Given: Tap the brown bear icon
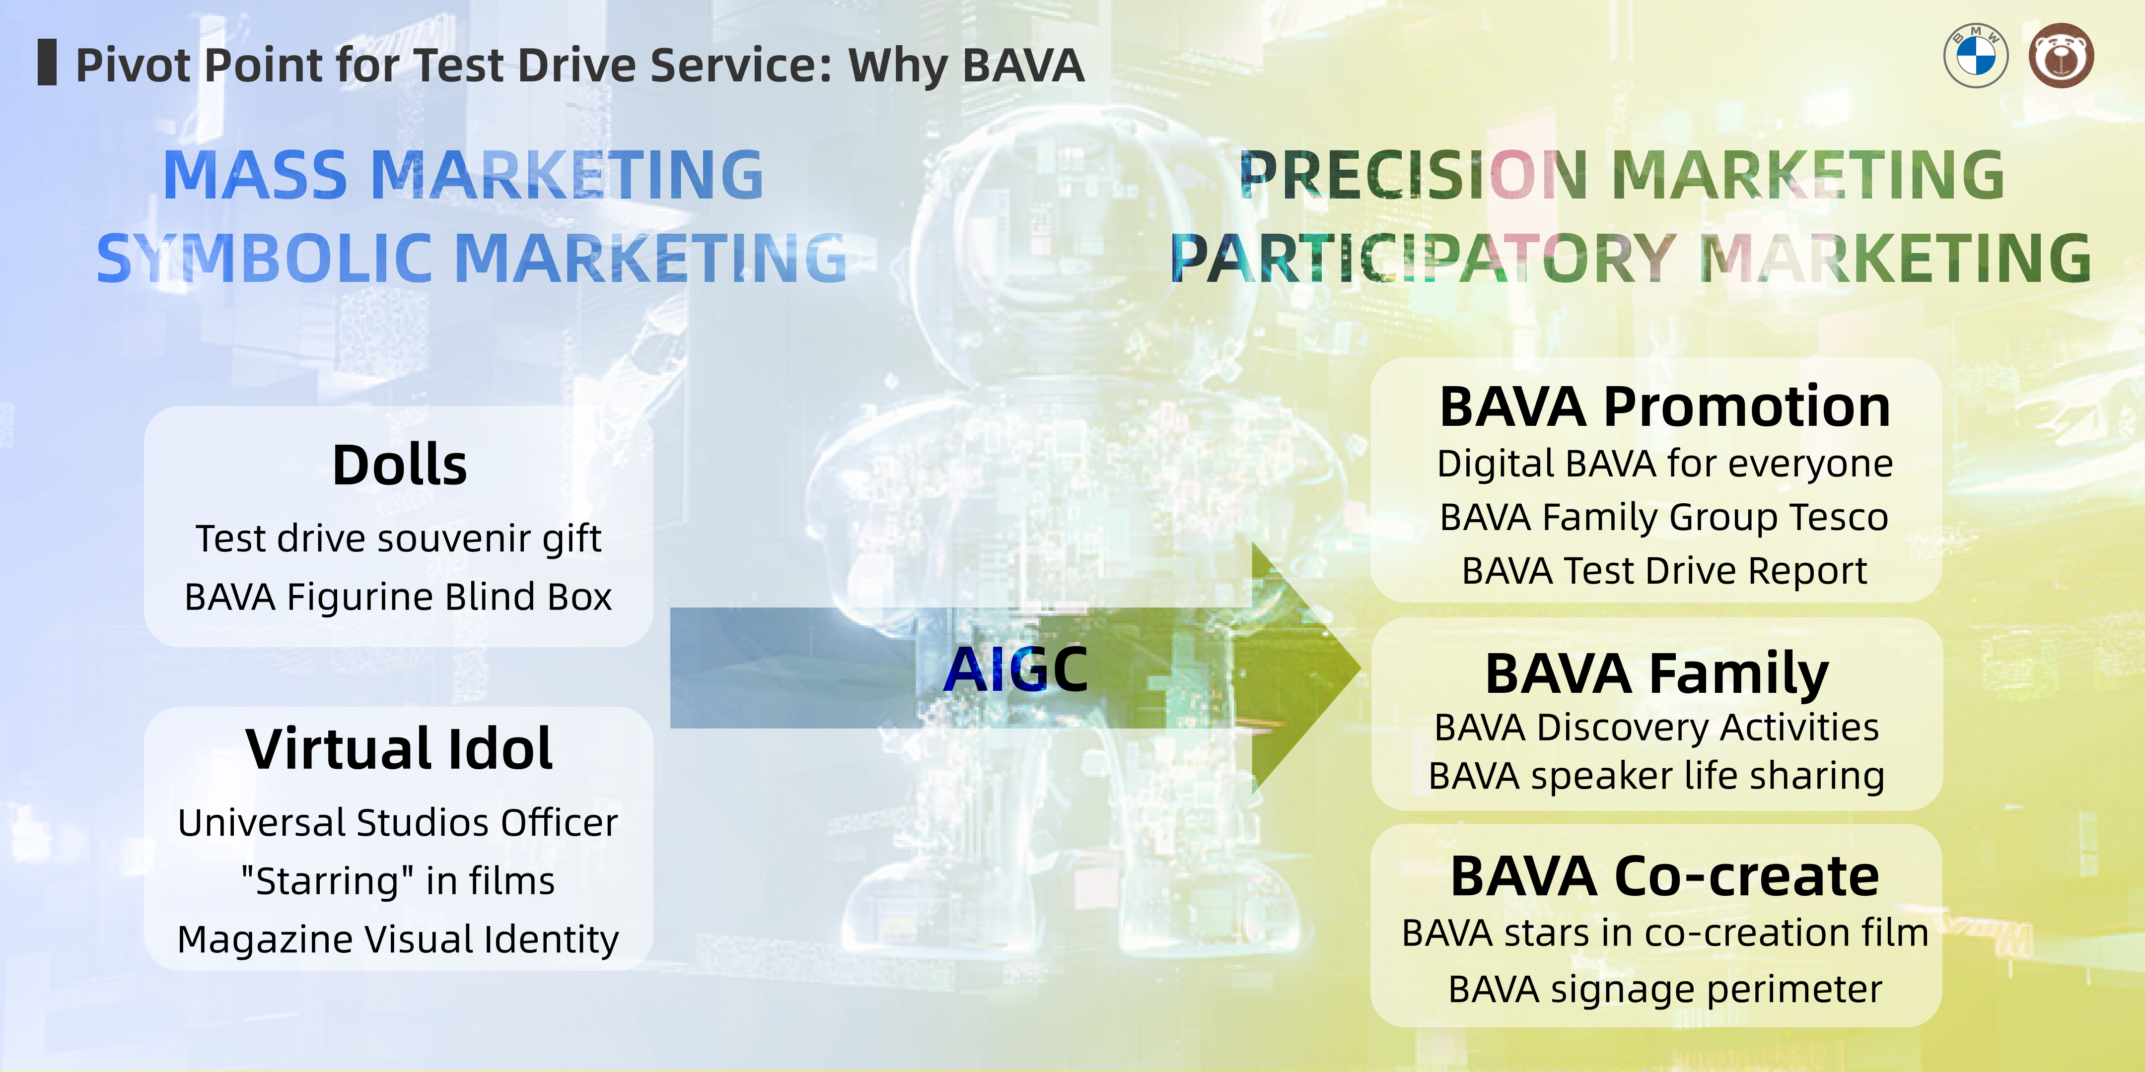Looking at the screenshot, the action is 2061,56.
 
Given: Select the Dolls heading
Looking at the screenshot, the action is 400,465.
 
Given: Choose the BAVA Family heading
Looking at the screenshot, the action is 1657,674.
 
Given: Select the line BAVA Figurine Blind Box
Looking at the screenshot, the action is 399,597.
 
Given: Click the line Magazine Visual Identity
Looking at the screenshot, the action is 399,939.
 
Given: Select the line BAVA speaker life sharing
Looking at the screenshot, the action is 1657,776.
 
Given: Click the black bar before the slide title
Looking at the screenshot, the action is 48,63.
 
